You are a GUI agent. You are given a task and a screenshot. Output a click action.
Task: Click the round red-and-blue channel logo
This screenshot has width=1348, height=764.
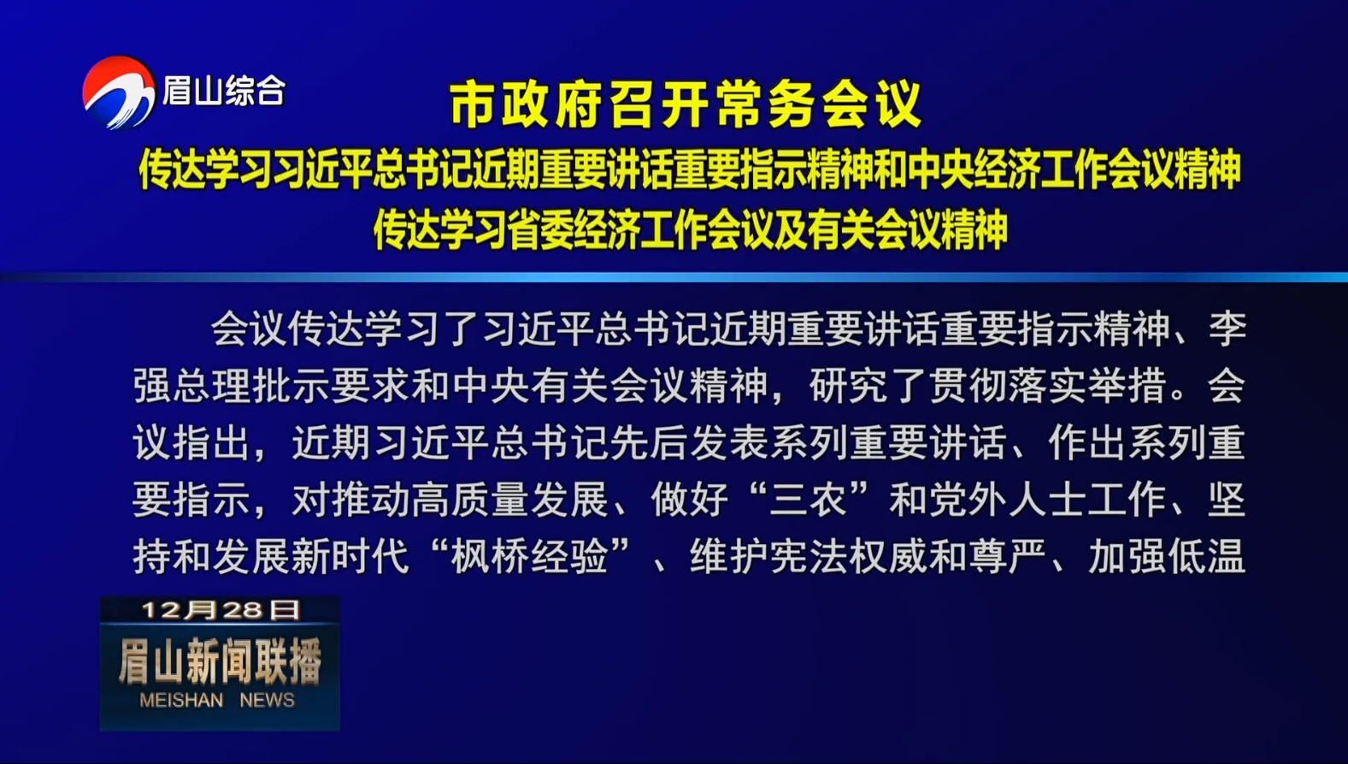[119, 92]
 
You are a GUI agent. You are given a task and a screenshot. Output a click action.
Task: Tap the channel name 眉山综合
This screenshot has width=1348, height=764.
[224, 91]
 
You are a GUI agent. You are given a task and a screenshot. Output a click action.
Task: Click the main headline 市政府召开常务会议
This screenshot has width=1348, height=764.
[686, 105]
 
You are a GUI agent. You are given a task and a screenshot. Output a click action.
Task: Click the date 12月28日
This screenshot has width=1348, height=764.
[221, 610]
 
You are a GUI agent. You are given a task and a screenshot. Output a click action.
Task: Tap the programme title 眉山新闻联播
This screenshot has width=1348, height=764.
[221, 661]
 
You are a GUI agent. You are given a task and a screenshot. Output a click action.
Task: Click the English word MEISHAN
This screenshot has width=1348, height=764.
[181, 700]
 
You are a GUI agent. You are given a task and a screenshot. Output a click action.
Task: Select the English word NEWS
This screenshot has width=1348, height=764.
[268, 700]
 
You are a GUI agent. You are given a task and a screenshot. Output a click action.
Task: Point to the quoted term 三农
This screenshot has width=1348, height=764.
[808, 500]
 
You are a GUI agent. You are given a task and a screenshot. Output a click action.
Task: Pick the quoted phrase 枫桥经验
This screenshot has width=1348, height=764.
[530, 557]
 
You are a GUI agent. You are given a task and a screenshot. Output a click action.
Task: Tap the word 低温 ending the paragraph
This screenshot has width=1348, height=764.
[1206, 557]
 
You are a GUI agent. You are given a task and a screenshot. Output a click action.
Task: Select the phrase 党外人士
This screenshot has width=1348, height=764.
[1007, 500]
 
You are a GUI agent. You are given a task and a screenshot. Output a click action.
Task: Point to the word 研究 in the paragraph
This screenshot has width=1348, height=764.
[849, 386]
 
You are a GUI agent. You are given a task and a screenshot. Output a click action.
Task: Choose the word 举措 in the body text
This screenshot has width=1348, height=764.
[1127, 386]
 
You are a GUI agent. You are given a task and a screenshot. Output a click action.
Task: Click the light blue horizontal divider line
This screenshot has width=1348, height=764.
[674, 277]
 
